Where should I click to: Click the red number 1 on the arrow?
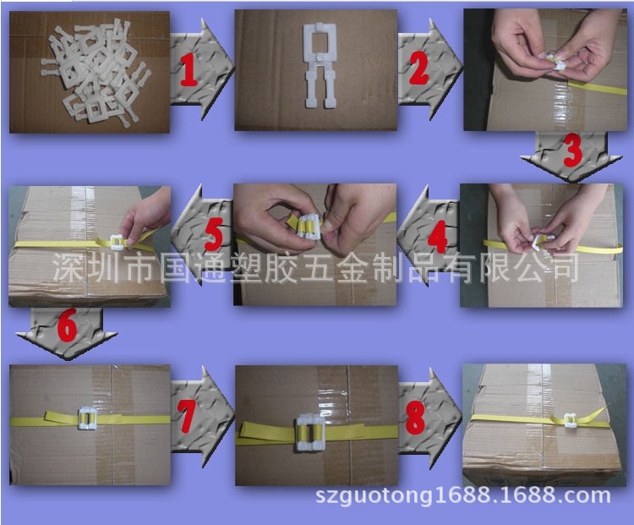pos(189,69)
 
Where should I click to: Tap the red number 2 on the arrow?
pos(418,68)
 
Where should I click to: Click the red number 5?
pos(214,234)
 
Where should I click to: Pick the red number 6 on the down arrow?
pos(67,325)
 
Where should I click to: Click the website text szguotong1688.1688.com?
pos(462,495)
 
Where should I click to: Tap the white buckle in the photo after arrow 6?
pos(86,418)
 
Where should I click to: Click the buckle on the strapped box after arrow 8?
pos(570,420)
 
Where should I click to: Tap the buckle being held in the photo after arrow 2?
pos(555,63)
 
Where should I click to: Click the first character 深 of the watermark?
pos(66,267)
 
